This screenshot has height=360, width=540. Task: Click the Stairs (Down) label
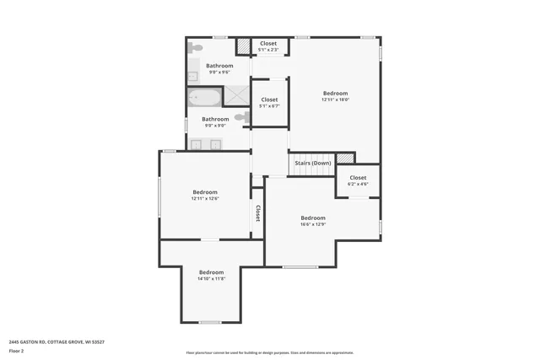pyautogui.click(x=312, y=163)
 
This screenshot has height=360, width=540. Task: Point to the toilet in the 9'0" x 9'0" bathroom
pyautogui.click(x=243, y=117)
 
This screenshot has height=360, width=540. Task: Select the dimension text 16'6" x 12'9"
pyautogui.click(x=313, y=224)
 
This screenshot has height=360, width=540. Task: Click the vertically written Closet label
pyautogui.click(x=257, y=213)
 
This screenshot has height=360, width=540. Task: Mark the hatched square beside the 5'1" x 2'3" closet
pyautogui.click(x=243, y=46)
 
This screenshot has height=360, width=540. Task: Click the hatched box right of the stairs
pyautogui.click(x=343, y=159)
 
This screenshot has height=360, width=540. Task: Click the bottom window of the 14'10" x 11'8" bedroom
pyautogui.click(x=210, y=322)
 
